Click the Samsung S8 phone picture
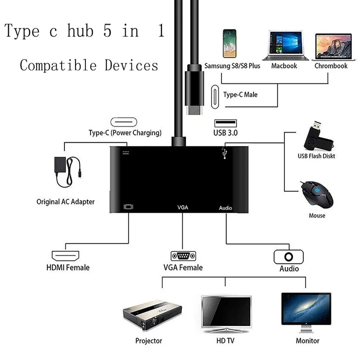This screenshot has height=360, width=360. point(229,45)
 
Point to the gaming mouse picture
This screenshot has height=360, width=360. point(317,193)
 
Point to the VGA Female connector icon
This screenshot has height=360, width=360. point(183,257)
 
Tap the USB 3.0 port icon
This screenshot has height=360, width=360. point(225,123)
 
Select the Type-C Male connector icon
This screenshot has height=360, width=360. point(215,95)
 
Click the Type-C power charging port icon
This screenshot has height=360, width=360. point(125,122)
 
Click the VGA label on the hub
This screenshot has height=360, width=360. point(183,208)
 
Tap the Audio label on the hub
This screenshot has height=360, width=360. point(225,208)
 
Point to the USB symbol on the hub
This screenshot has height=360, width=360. point(223,153)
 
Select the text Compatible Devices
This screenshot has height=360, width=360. point(89,65)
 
